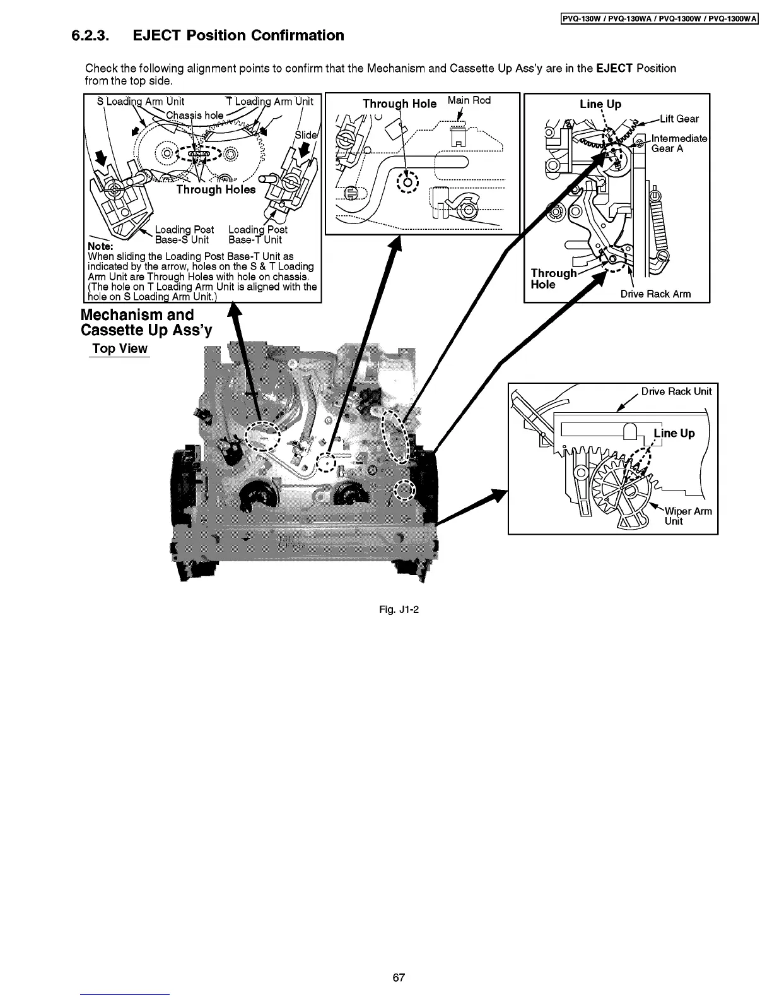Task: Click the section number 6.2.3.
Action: (90, 35)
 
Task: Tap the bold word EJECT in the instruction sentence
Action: (614, 68)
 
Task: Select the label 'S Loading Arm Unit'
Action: (141, 101)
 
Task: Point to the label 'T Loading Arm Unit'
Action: (269, 101)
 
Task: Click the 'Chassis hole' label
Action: (194, 115)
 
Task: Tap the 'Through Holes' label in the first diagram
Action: (216, 189)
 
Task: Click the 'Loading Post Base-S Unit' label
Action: (184, 235)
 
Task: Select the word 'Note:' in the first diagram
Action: (100, 246)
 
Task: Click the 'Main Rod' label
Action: (469, 100)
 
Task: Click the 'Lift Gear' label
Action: (679, 119)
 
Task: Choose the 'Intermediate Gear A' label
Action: (679, 143)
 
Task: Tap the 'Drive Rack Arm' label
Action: (655, 294)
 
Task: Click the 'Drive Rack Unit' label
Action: (676, 391)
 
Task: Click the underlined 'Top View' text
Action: (119, 348)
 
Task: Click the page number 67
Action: (399, 978)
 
